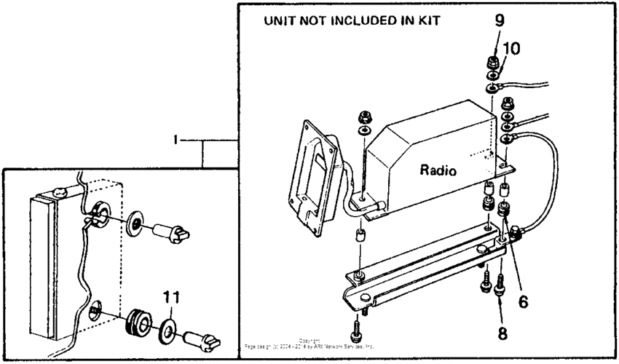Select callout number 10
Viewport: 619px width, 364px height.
512,50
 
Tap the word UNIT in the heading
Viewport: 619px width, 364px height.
280,21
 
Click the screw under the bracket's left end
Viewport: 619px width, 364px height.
357,331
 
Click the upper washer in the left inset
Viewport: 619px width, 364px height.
135,222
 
